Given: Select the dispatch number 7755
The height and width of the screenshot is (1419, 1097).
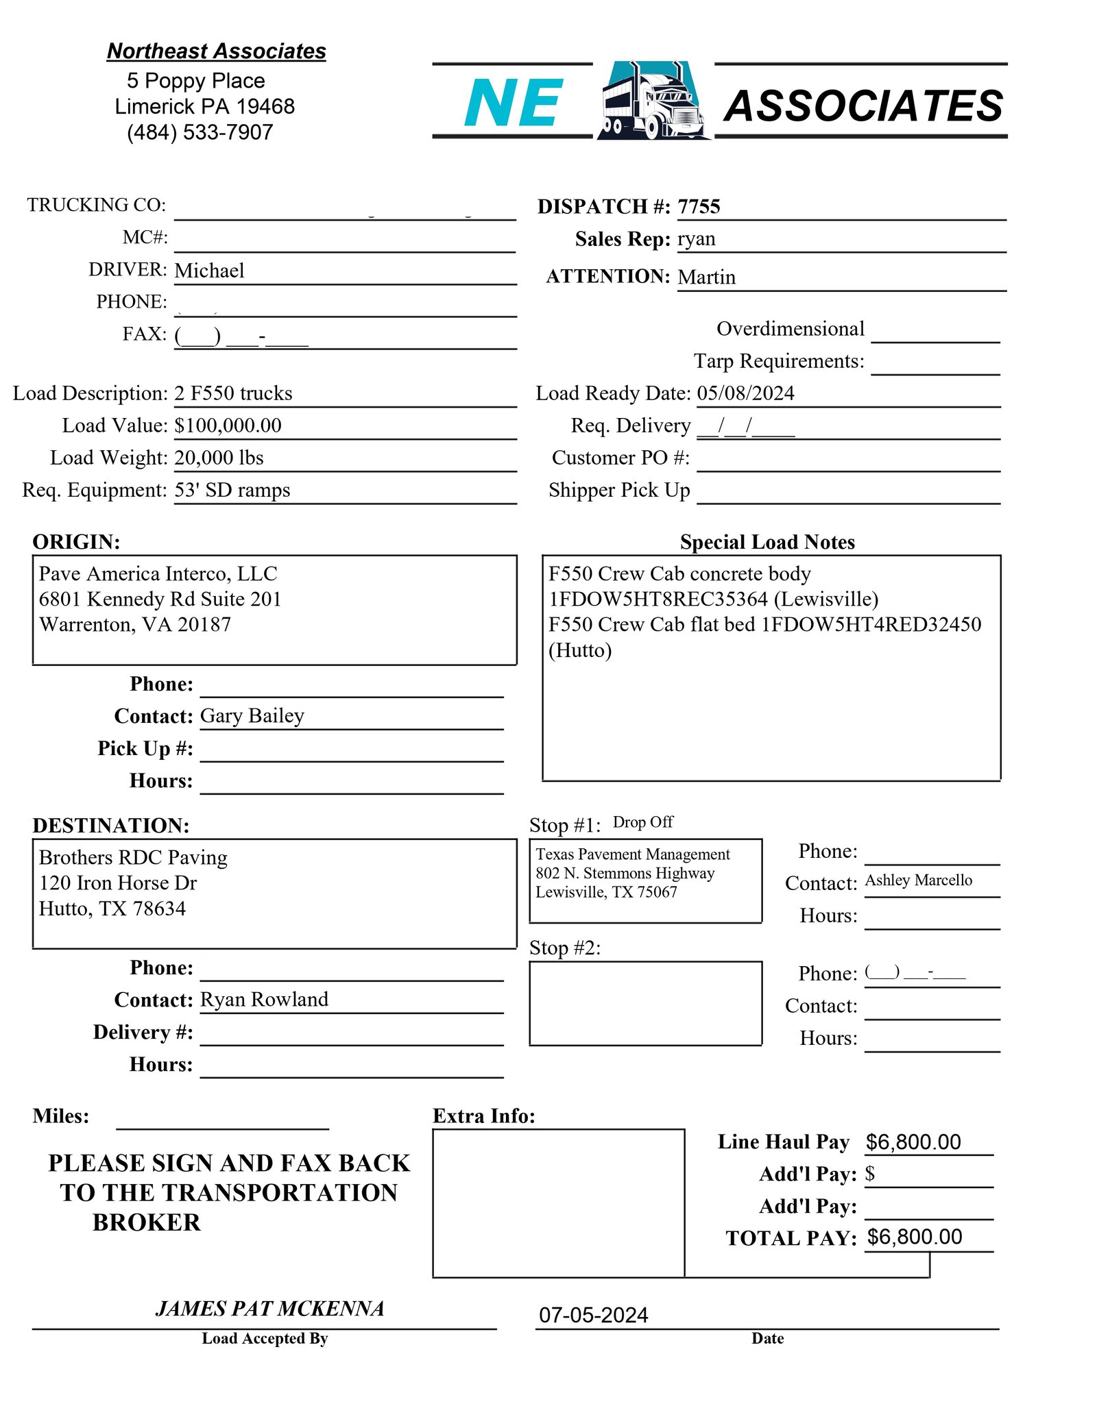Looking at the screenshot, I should [699, 207].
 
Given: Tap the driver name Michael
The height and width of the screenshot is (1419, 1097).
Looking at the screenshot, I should [209, 271].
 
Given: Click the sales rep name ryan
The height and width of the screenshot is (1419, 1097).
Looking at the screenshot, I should [697, 239].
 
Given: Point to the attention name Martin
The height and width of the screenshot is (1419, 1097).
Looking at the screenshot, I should [706, 277].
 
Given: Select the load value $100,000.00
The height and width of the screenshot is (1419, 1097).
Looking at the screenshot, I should [228, 425].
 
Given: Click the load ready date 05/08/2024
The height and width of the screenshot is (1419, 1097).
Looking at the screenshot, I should [745, 393].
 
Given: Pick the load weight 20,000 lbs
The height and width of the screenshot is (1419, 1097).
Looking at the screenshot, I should [219, 458].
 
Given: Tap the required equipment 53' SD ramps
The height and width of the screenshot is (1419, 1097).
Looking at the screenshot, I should [232, 490].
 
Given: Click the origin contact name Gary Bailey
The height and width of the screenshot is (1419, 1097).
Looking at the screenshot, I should [252, 716].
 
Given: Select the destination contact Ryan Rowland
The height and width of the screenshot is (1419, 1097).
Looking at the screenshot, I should [264, 1000].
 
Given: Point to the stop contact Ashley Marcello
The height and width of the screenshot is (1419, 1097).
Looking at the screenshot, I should [918, 880].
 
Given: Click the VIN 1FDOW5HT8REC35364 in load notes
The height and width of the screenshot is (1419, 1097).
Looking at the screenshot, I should [658, 600].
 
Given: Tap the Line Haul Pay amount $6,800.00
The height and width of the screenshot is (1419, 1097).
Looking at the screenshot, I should [913, 1142].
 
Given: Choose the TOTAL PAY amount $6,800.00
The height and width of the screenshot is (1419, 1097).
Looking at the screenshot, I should [914, 1237].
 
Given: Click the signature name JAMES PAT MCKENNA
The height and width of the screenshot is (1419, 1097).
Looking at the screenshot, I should [269, 1309].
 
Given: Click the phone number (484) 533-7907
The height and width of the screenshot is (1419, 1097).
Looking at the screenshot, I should [200, 132].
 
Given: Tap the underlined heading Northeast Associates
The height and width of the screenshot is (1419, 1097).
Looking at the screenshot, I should [216, 51].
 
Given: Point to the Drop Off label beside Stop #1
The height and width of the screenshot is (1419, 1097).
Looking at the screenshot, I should [642, 822].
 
